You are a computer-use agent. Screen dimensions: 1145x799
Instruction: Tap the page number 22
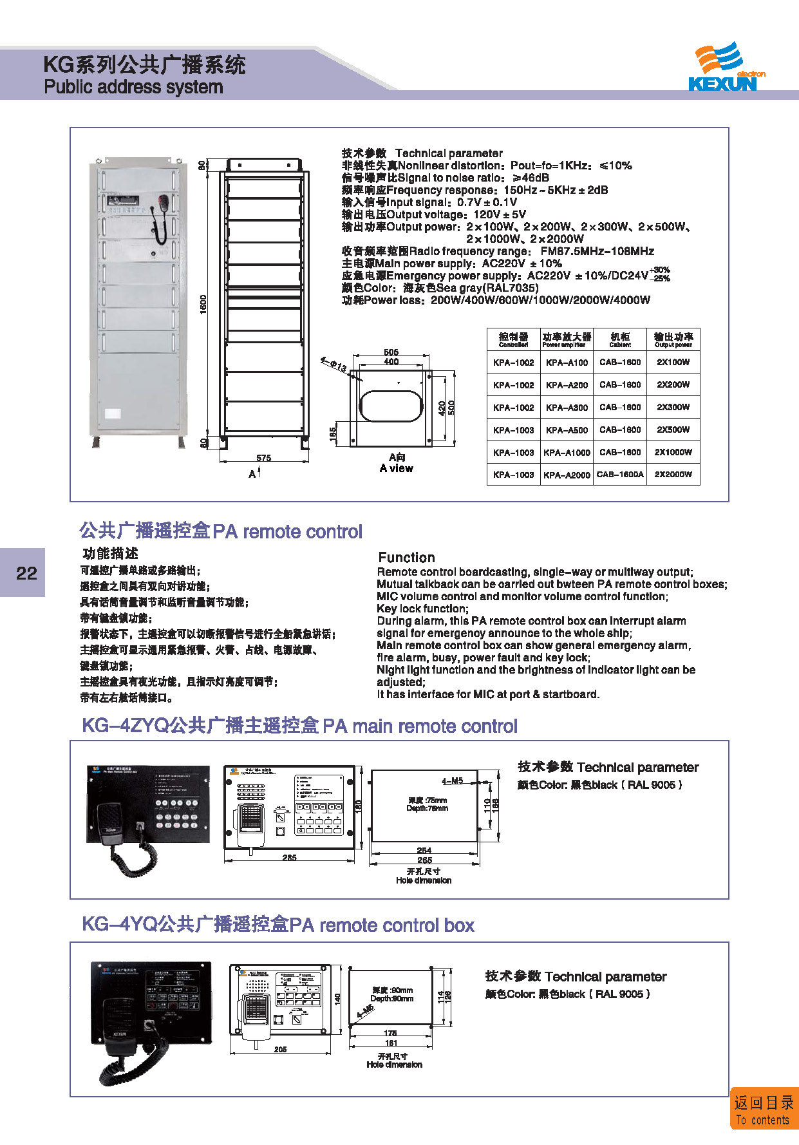click(26, 573)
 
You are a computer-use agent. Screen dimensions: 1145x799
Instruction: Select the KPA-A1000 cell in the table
click(567, 452)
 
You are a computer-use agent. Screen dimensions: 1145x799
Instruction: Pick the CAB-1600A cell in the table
click(620, 475)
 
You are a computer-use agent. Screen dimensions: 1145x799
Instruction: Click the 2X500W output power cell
click(673, 430)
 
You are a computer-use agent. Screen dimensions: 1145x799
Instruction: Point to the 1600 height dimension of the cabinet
click(203, 305)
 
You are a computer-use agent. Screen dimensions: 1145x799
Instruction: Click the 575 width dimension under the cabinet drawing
click(264, 458)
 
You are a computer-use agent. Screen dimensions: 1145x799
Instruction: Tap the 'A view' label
click(397, 468)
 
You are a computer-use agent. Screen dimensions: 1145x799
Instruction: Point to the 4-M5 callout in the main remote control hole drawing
click(452, 781)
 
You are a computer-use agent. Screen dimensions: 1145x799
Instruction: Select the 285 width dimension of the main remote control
click(289, 857)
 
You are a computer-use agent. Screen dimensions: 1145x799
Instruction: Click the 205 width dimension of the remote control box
click(280, 1049)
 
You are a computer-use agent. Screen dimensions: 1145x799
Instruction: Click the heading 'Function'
click(406, 558)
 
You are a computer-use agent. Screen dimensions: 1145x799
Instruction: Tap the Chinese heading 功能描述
click(110, 553)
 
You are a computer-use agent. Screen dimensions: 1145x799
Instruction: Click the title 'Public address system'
click(133, 87)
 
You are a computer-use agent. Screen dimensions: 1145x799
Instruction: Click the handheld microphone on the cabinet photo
click(162, 203)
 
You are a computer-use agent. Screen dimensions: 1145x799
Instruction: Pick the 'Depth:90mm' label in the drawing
click(391, 998)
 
